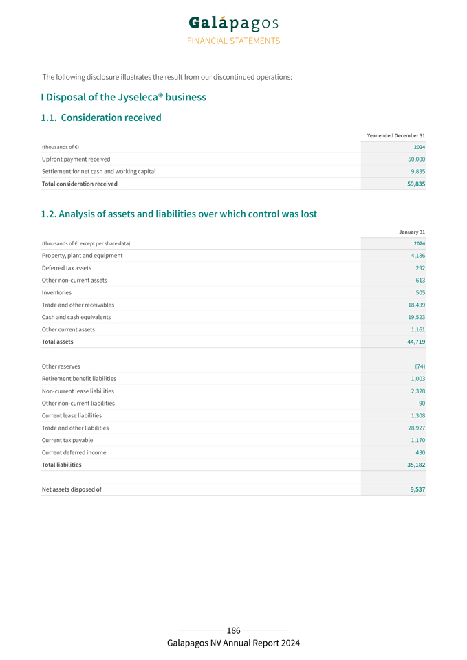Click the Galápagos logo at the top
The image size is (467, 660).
coord(233,23)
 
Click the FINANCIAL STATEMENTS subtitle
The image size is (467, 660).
coord(233,41)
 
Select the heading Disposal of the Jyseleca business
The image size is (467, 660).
coord(123,97)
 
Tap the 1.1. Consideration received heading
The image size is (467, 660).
coord(101,118)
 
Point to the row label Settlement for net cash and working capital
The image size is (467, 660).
coord(98,171)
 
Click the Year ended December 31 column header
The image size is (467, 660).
coord(395,135)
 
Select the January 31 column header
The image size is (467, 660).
coord(411,232)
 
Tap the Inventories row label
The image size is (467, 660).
coord(56,292)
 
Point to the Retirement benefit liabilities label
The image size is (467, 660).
coord(78,379)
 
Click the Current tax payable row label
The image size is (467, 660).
coord(67,440)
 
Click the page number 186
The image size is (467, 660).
coord(233,630)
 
